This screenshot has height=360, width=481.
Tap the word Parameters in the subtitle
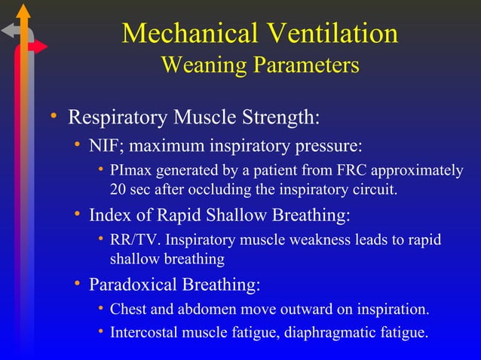coord(306,66)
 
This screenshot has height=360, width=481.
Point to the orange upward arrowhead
coord(25,11)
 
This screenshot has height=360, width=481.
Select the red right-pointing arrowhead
coord(41,47)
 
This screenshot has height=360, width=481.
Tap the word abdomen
coord(204,310)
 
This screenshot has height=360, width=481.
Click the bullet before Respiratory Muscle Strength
coord(54,117)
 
